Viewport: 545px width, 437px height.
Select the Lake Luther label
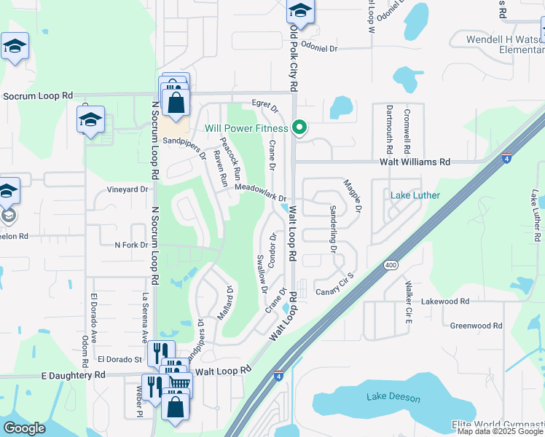click(x=415, y=195)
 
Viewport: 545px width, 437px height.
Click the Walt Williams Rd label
click(x=415, y=162)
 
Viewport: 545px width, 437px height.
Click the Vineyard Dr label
click(x=128, y=189)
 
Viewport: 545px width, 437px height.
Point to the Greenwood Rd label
click(x=477, y=326)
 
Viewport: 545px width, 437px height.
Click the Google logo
click(x=25, y=428)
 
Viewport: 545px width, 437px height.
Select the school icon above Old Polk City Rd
click(x=299, y=11)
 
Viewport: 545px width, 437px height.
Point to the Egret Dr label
click(x=265, y=107)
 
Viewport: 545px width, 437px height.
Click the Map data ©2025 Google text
click(x=500, y=431)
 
